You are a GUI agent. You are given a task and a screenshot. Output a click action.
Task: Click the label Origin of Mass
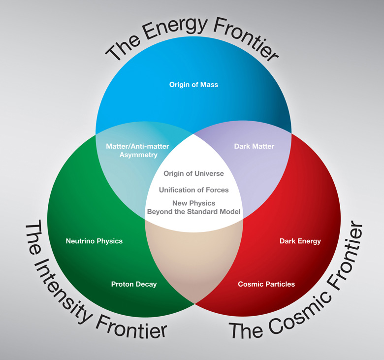point(193,85)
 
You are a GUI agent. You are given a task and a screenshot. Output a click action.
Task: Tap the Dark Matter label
point(254,146)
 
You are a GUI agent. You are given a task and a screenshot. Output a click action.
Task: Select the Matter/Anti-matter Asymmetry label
point(138,151)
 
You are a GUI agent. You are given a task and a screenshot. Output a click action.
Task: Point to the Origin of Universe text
point(193,173)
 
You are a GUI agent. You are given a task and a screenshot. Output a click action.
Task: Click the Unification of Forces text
point(193,190)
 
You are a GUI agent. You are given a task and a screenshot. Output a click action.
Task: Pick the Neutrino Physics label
point(94,241)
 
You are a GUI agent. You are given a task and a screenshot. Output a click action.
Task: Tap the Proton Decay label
point(134,284)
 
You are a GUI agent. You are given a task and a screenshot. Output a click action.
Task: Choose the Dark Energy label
point(300,241)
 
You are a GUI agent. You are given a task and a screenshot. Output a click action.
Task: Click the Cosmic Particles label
point(266,284)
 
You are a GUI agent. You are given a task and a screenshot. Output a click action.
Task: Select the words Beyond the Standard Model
point(193,211)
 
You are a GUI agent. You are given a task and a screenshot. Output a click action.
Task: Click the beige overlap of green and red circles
point(194,260)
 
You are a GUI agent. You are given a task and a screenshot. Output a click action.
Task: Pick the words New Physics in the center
point(193,203)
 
